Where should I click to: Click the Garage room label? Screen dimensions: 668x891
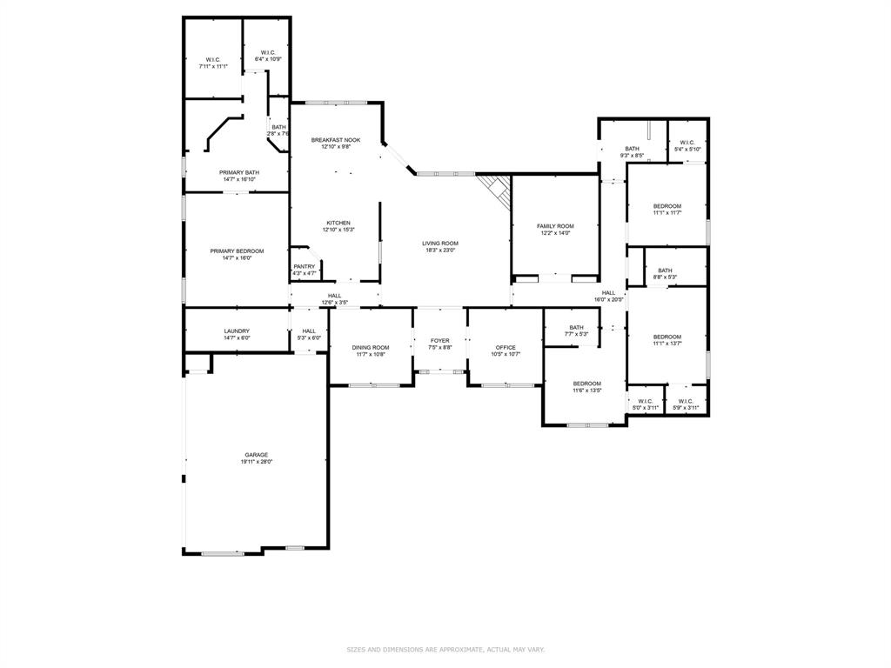(256, 455)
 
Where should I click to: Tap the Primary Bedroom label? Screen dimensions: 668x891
(237, 251)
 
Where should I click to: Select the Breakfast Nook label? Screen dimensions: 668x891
(336, 140)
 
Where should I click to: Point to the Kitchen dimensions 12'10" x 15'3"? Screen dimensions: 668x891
(338, 230)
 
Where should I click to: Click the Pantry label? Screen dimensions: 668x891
(305, 267)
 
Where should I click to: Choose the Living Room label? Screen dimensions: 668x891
(440, 244)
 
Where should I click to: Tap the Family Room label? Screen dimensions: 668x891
(555, 226)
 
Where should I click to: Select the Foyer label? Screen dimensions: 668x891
(440, 341)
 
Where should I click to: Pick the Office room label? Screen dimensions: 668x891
(506, 348)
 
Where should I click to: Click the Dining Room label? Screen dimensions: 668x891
(371, 348)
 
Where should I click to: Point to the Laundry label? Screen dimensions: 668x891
(237, 331)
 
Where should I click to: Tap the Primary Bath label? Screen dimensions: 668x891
(239, 172)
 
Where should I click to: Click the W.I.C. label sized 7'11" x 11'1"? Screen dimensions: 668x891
(213, 59)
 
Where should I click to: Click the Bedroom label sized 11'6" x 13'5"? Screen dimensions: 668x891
(586, 384)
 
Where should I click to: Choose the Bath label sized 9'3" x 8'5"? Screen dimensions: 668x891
(632, 149)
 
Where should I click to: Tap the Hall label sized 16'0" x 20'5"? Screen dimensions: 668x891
(608, 293)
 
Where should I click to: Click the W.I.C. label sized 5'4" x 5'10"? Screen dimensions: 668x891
(687, 143)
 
